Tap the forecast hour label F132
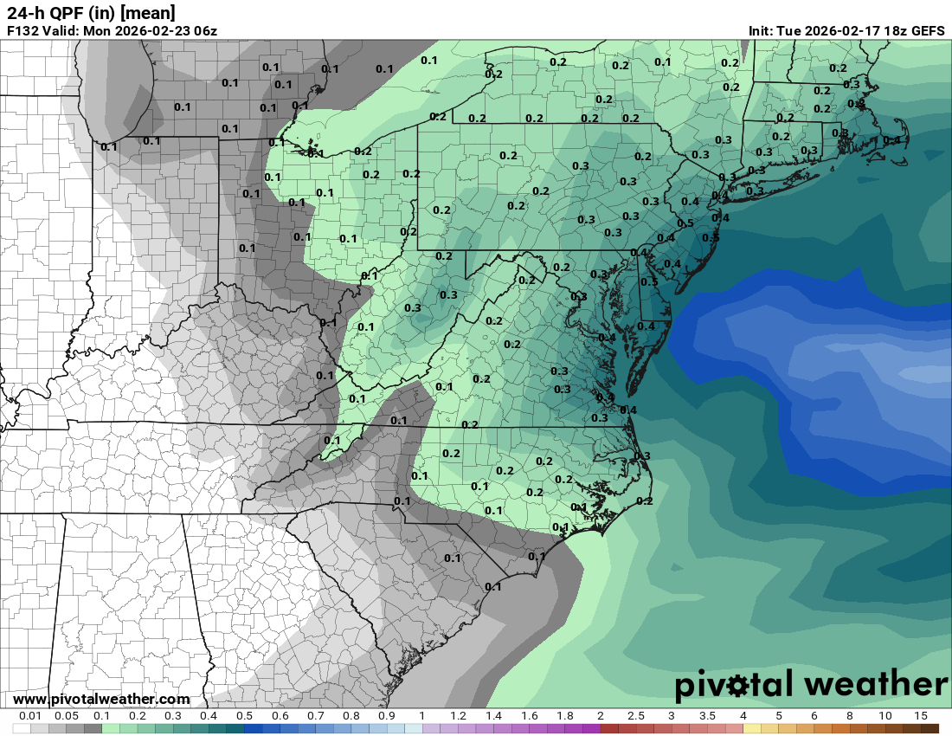(23, 31)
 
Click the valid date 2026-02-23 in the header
(149, 31)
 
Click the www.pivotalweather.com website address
(101, 699)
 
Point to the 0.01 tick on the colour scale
(31, 716)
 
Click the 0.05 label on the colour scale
(67, 716)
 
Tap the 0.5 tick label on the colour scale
(244, 716)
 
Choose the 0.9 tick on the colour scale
(387, 716)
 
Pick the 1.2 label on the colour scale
(458, 716)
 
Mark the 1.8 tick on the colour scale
(564, 716)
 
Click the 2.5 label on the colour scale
(635, 716)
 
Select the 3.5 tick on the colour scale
(707, 716)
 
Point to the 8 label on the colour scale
(850, 716)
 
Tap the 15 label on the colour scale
(921, 716)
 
